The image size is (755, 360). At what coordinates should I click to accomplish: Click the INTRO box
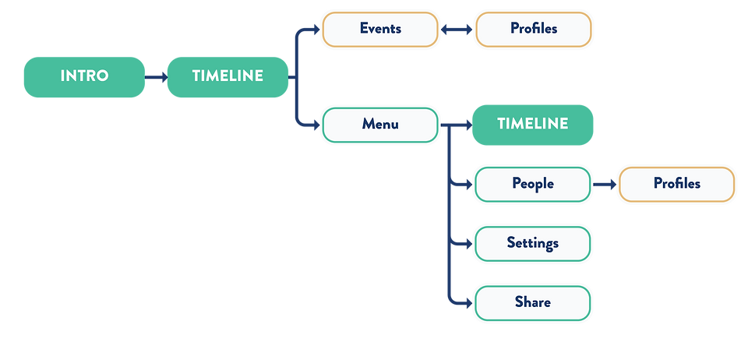pyautogui.click(x=84, y=76)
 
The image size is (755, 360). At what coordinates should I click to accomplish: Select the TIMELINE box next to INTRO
pyautogui.click(x=227, y=76)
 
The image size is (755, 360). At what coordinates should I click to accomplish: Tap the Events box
pyautogui.click(x=380, y=29)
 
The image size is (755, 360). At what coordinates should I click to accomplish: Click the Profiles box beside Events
pyautogui.click(x=534, y=29)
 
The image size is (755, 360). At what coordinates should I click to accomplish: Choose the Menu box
pyautogui.click(x=380, y=125)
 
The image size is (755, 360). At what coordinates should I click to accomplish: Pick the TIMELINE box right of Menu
pyautogui.click(x=532, y=125)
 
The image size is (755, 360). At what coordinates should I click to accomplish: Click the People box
pyautogui.click(x=532, y=184)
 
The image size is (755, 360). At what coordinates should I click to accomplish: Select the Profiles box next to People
pyautogui.click(x=676, y=184)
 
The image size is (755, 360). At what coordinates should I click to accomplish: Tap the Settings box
pyautogui.click(x=532, y=243)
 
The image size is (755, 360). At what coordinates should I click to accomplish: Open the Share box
pyautogui.click(x=532, y=302)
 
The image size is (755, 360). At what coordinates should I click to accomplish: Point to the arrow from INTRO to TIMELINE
pyautogui.click(x=156, y=76)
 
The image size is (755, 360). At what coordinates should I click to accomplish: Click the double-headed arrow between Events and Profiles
pyautogui.click(x=457, y=29)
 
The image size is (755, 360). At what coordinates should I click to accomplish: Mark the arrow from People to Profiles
pyautogui.click(x=604, y=184)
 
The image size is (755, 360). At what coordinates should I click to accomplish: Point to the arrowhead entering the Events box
pyautogui.click(x=314, y=29)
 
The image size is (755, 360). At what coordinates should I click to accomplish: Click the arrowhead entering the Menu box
pyautogui.click(x=314, y=125)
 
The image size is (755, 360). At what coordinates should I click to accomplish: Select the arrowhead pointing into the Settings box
pyautogui.click(x=467, y=243)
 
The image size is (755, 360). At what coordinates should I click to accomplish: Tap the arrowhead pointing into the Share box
pyautogui.click(x=467, y=302)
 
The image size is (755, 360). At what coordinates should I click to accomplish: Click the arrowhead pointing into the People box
pyautogui.click(x=467, y=184)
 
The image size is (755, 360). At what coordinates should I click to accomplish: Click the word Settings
pyautogui.click(x=532, y=243)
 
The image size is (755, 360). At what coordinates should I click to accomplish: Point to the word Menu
pyautogui.click(x=380, y=124)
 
